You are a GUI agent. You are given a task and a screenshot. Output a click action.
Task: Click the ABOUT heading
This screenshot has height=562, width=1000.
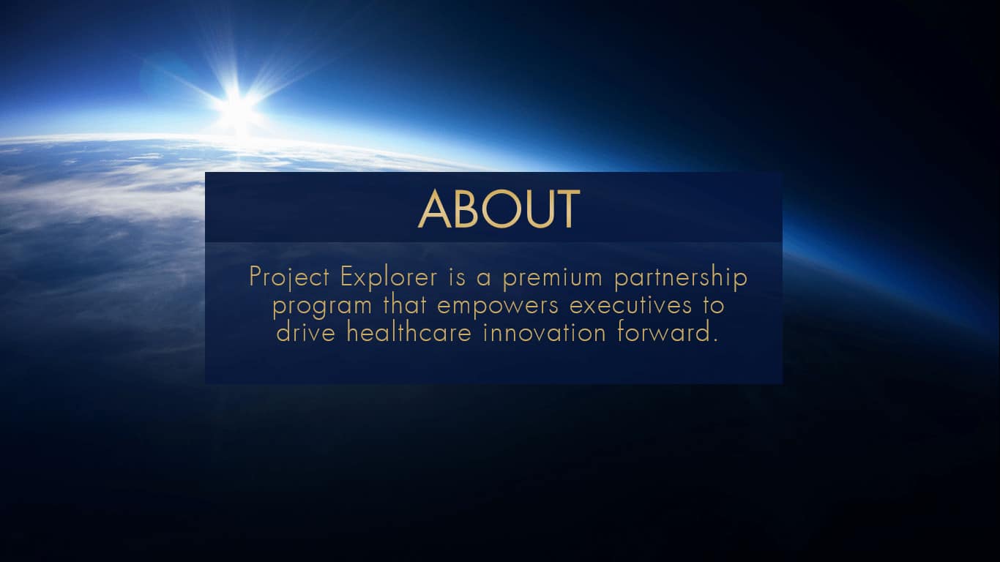pos(499,209)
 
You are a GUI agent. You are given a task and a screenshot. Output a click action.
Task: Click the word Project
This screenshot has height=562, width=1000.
pos(289,277)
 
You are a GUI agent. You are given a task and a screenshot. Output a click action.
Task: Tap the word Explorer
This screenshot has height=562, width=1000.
pos(389,277)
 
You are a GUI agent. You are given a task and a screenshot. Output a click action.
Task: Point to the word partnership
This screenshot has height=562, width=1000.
pos(681,277)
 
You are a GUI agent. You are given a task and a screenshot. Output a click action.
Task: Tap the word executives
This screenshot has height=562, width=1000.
pos(631,305)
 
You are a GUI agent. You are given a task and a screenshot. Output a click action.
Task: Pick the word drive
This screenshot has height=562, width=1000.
pos(305,332)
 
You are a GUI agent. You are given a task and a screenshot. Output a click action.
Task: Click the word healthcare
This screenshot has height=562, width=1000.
pos(409,332)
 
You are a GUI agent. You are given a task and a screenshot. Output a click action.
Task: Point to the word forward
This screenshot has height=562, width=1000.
pos(664,332)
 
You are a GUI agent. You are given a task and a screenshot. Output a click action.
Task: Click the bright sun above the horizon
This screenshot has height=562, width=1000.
pos(238,107)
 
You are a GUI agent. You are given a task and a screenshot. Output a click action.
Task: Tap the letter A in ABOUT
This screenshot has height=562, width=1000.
pos(434,209)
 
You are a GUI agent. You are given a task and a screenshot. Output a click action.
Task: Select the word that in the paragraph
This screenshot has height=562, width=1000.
pos(404,304)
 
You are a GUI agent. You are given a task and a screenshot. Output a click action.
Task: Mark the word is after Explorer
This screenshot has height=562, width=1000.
pos(457,277)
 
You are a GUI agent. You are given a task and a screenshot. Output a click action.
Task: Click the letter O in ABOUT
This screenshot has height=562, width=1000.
pos(501,209)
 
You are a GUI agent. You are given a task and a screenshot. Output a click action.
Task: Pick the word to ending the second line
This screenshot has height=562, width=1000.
pos(713,305)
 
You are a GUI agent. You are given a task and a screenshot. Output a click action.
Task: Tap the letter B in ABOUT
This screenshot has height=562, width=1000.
pos(466,209)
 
